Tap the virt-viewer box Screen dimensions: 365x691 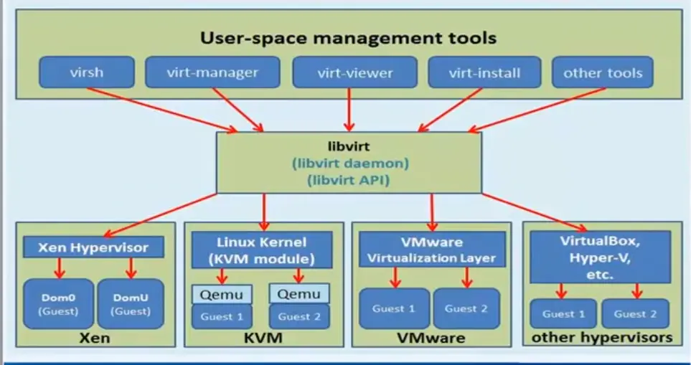(354, 72)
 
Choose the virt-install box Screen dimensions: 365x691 (484, 72)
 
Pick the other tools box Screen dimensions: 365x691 (602, 72)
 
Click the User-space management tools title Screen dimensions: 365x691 (348, 37)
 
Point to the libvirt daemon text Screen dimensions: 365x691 (350, 163)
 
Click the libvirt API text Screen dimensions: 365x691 (350, 180)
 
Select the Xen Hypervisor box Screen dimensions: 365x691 (94, 248)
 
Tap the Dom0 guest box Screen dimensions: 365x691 (58, 303)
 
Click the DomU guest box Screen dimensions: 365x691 (130, 303)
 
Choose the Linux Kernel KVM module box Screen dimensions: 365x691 (261, 250)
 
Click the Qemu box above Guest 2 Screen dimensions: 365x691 (299, 294)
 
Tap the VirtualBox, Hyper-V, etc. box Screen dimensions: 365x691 (599, 257)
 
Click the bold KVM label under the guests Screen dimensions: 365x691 (260, 337)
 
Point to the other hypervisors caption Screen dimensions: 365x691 (599, 336)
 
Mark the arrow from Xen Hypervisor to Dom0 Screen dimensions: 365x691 (60, 267)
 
